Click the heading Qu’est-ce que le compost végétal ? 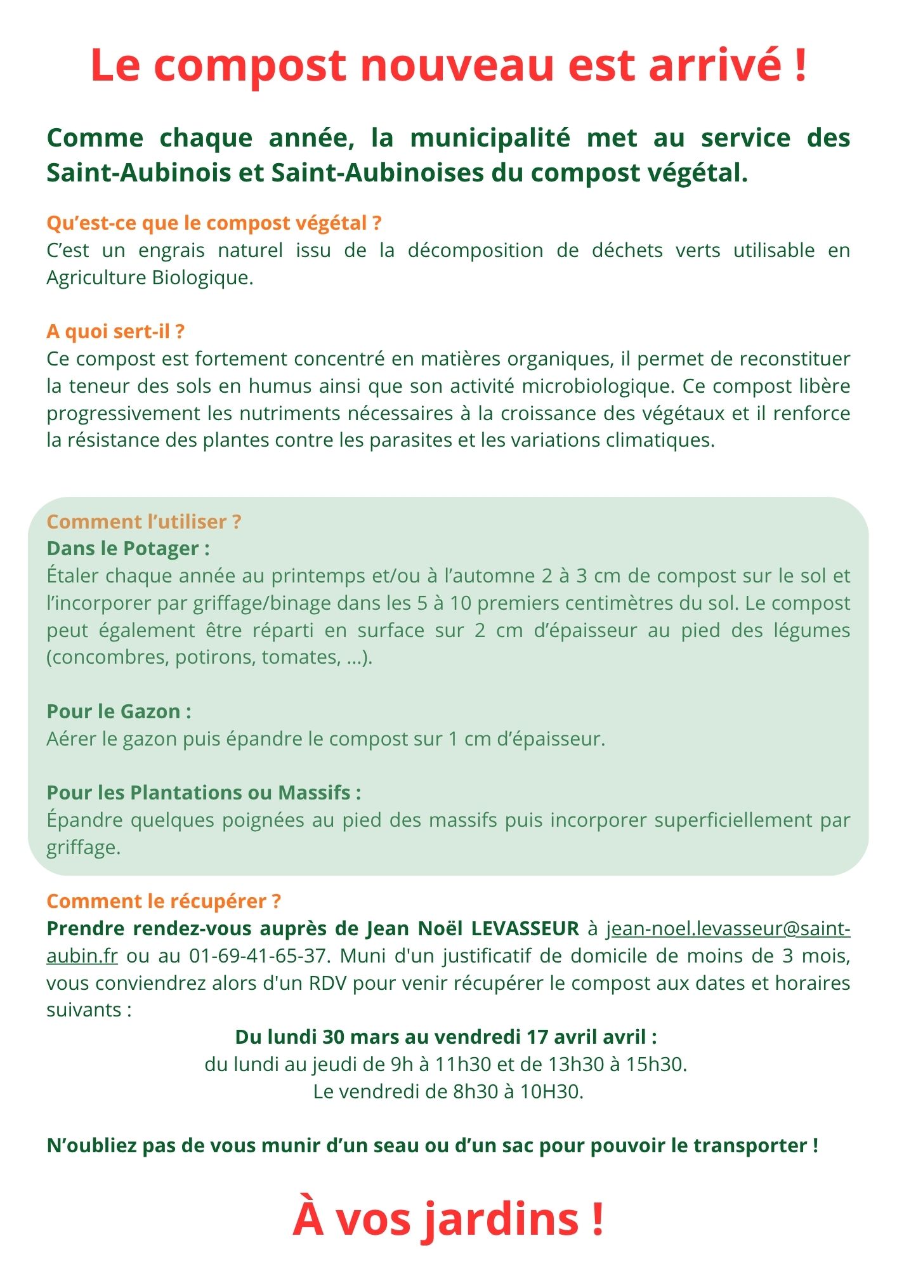214,223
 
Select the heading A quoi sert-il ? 115,332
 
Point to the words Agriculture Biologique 150,278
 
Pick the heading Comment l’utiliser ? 144,522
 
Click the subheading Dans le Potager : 128,548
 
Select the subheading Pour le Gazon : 119,711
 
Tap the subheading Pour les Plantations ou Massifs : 204,792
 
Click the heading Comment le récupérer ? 164,901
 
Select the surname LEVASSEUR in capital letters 525,928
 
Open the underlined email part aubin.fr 82,956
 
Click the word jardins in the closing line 501,1219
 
